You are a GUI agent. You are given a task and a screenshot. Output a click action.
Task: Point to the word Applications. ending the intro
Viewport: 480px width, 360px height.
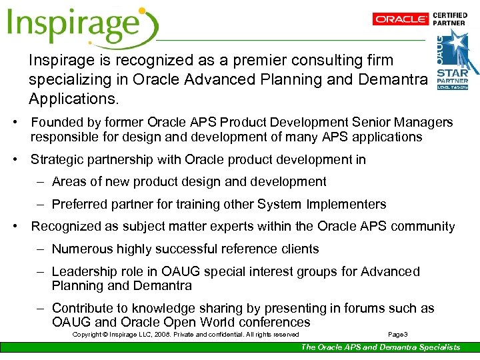click(x=73, y=100)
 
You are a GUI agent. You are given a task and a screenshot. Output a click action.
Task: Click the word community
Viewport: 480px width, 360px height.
click(x=422, y=227)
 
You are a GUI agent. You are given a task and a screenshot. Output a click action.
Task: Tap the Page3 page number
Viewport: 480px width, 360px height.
click(x=397, y=334)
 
